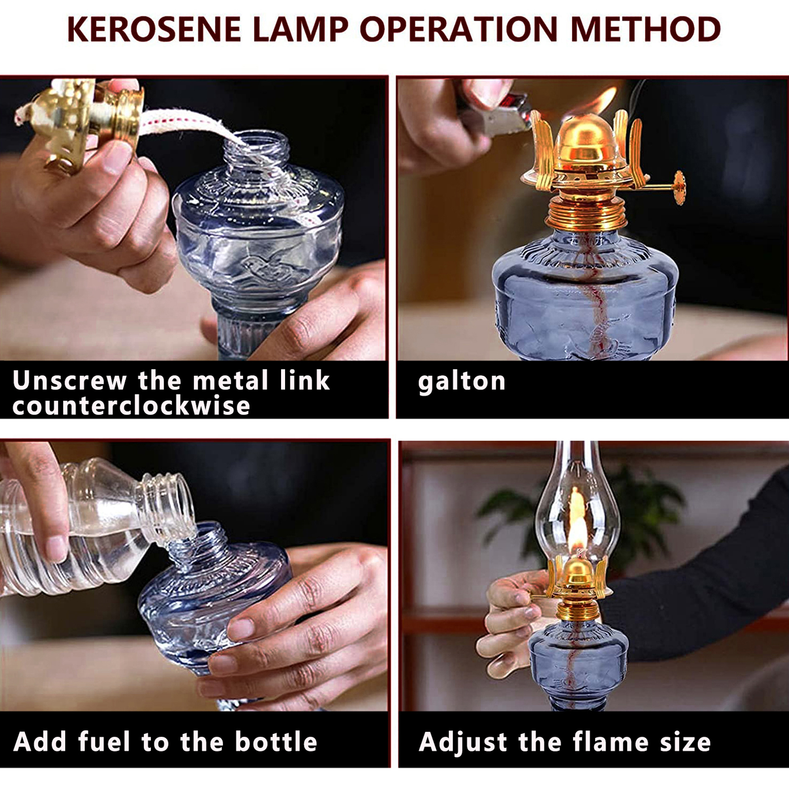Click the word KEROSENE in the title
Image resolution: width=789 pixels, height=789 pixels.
[x=153, y=29]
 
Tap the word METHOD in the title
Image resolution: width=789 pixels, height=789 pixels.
[x=646, y=29]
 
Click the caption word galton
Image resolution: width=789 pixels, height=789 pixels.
[x=462, y=381]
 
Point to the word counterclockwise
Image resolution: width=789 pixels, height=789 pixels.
[x=131, y=406]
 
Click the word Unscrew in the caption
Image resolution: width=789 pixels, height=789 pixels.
[x=70, y=380]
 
